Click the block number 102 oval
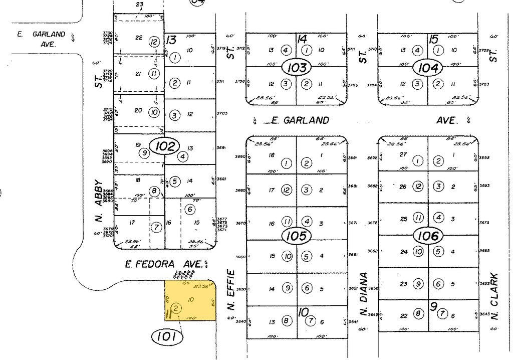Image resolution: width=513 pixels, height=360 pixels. pyautogui.click(x=165, y=146)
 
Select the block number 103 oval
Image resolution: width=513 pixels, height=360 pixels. pyautogui.click(x=297, y=67)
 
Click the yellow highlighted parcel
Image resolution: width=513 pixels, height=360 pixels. pyautogui.click(x=191, y=300)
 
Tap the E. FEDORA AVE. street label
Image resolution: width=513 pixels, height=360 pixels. pyautogui.click(x=165, y=264)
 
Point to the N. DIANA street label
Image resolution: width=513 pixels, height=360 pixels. pyautogui.click(x=364, y=291)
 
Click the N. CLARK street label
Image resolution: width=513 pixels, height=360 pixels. pyautogui.click(x=494, y=296)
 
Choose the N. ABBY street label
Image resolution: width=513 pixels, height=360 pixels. pyautogui.click(x=99, y=201)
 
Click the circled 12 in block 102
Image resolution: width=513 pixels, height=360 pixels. pyautogui.click(x=154, y=42)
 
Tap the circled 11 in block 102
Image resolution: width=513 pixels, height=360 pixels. pyautogui.click(x=154, y=74)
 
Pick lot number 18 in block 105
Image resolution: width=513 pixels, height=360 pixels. pyautogui.click(x=272, y=155)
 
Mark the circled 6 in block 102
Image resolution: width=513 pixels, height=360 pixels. pyautogui.click(x=189, y=209)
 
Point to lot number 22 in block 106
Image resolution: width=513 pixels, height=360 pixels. pyautogui.click(x=404, y=315)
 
